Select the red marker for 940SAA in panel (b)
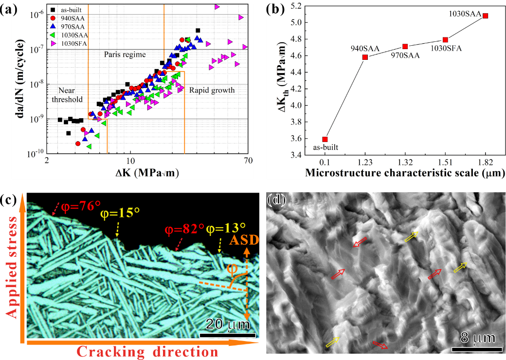coord(365,57)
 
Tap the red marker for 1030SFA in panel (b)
coord(445,39)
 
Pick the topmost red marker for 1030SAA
coord(485,16)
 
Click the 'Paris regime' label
coord(125,54)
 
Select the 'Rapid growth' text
coord(212,90)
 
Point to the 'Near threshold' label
coord(68,94)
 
